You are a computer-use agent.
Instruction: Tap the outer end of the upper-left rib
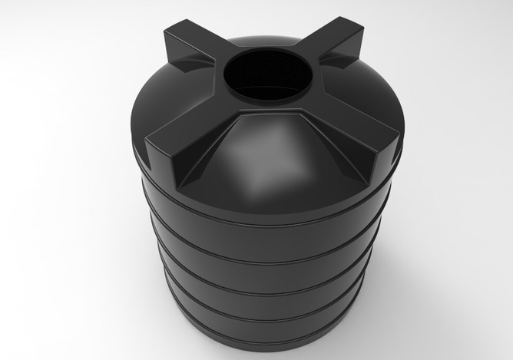tap(174, 35)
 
